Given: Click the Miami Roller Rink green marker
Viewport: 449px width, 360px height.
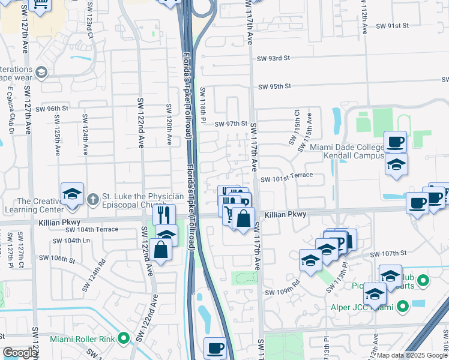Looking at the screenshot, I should [124, 338].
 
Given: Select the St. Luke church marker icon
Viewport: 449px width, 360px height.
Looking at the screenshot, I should [92, 199].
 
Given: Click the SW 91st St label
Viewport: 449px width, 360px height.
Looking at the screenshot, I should [393, 26].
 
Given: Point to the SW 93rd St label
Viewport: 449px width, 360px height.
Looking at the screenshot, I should [274, 58].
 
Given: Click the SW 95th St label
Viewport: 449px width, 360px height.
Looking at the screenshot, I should [274, 86].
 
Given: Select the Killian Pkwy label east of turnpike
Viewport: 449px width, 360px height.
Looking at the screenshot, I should [285, 214].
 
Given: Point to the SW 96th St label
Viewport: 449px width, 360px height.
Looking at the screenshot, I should [52, 109].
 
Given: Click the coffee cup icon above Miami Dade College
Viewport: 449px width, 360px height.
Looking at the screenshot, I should [395, 142].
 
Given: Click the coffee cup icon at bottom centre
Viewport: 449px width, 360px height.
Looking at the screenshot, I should [215, 348].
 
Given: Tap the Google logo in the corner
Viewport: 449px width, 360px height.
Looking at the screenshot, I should [20, 353].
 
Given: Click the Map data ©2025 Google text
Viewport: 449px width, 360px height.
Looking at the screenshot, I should [411, 355].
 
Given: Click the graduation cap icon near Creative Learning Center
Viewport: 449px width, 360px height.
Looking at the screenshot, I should [72, 194].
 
